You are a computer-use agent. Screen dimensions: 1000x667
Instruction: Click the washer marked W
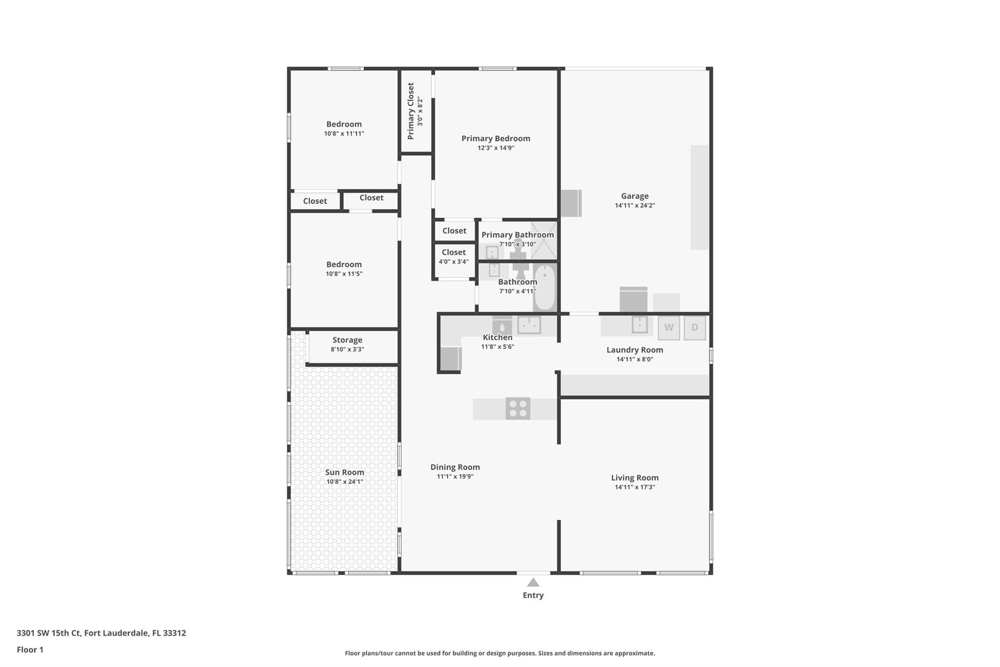(x=668, y=328)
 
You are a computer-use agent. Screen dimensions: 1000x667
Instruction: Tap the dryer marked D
(x=694, y=328)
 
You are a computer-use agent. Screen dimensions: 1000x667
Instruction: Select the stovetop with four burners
(x=518, y=409)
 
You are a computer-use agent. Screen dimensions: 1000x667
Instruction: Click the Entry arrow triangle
(x=533, y=582)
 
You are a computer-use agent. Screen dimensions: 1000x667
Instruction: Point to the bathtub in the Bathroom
(x=544, y=287)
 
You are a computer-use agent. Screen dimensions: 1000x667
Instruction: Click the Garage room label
(x=635, y=196)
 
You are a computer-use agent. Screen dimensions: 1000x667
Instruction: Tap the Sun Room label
(x=345, y=472)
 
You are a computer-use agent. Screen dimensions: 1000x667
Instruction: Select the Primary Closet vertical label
(x=411, y=111)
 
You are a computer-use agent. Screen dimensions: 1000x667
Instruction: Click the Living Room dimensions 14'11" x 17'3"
(x=635, y=487)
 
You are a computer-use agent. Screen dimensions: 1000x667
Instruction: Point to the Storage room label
(x=347, y=340)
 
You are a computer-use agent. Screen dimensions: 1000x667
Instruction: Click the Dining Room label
(x=455, y=467)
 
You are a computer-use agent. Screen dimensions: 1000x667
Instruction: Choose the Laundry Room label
(x=635, y=350)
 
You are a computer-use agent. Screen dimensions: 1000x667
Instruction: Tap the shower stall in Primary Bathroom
(x=543, y=240)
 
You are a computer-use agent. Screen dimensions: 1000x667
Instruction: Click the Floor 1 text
(x=30, y=649)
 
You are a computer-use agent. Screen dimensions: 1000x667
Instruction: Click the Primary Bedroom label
(x=496, y=138)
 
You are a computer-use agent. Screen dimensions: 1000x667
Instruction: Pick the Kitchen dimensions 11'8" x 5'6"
(x=498, y=347)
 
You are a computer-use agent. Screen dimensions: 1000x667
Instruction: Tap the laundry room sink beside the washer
(x=640, y=324)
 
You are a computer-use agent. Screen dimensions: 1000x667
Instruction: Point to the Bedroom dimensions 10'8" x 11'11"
(x=344, y=133)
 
